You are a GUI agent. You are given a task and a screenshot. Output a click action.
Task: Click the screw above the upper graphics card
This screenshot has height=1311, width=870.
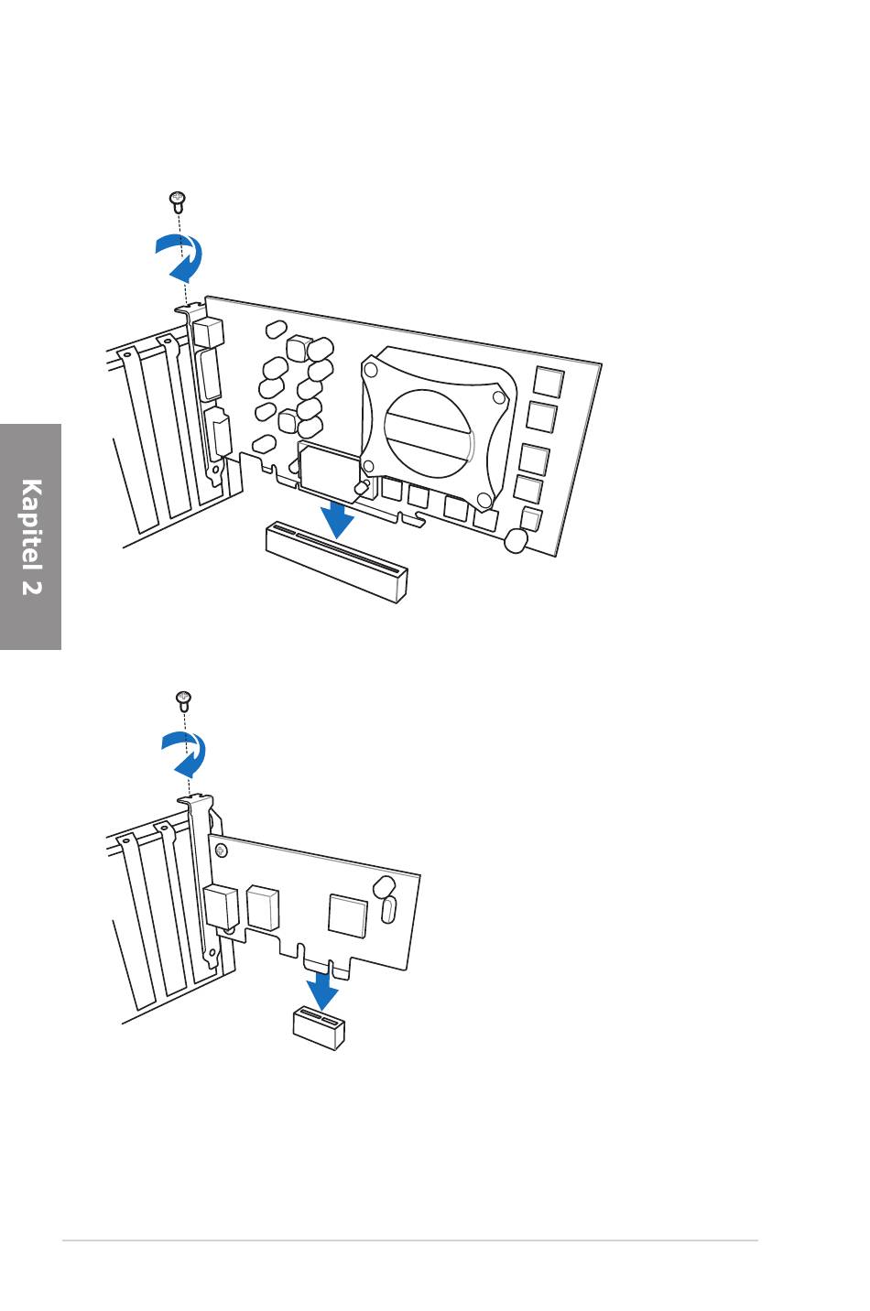pos(179,200)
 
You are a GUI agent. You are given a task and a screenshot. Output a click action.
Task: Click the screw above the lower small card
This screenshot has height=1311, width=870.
pos(183,700)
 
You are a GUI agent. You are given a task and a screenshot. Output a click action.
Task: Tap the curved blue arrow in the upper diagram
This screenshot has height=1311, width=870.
pos(181,257)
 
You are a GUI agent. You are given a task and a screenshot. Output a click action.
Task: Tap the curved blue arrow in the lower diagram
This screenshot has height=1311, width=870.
pos(186,754)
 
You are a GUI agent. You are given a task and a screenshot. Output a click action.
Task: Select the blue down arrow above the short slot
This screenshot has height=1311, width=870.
pos(321,991)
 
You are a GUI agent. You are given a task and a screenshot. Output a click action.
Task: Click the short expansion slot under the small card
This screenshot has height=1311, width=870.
pos(319,1027)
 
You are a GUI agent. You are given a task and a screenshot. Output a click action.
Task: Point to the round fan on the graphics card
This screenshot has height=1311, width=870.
pos(428,433)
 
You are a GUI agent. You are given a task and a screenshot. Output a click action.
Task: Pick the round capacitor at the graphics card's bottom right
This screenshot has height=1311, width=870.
pos(516,542)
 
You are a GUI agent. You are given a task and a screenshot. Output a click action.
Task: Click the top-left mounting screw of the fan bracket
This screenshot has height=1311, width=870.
pos(371,370)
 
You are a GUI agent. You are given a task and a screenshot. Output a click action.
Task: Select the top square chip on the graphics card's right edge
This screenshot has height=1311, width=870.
pos(548,382)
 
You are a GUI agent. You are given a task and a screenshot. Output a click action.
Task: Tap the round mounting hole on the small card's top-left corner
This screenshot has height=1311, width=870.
pos(221,851)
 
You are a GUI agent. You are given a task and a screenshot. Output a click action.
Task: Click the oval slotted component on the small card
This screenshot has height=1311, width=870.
pos(388,910)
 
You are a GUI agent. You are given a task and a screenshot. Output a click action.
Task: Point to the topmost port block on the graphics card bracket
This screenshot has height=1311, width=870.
pos(208,332)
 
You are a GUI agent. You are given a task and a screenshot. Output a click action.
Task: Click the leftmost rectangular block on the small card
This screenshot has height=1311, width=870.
pos(222,907)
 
